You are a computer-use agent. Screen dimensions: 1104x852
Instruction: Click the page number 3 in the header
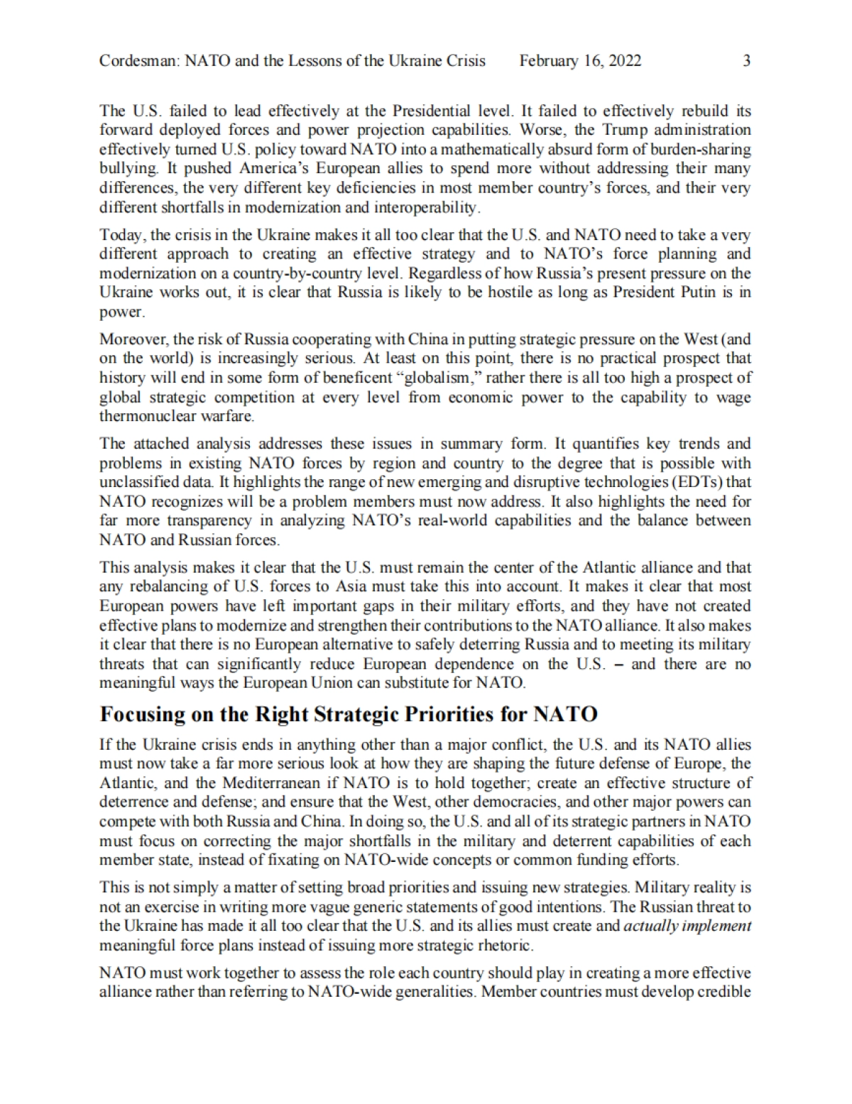(x=746, y=61)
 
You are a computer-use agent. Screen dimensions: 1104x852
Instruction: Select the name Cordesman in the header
(x=138, y=61)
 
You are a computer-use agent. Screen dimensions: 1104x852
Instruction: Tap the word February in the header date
(x=550, y=61)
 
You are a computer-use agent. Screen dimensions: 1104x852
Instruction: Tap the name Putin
(x=693, y=293)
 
